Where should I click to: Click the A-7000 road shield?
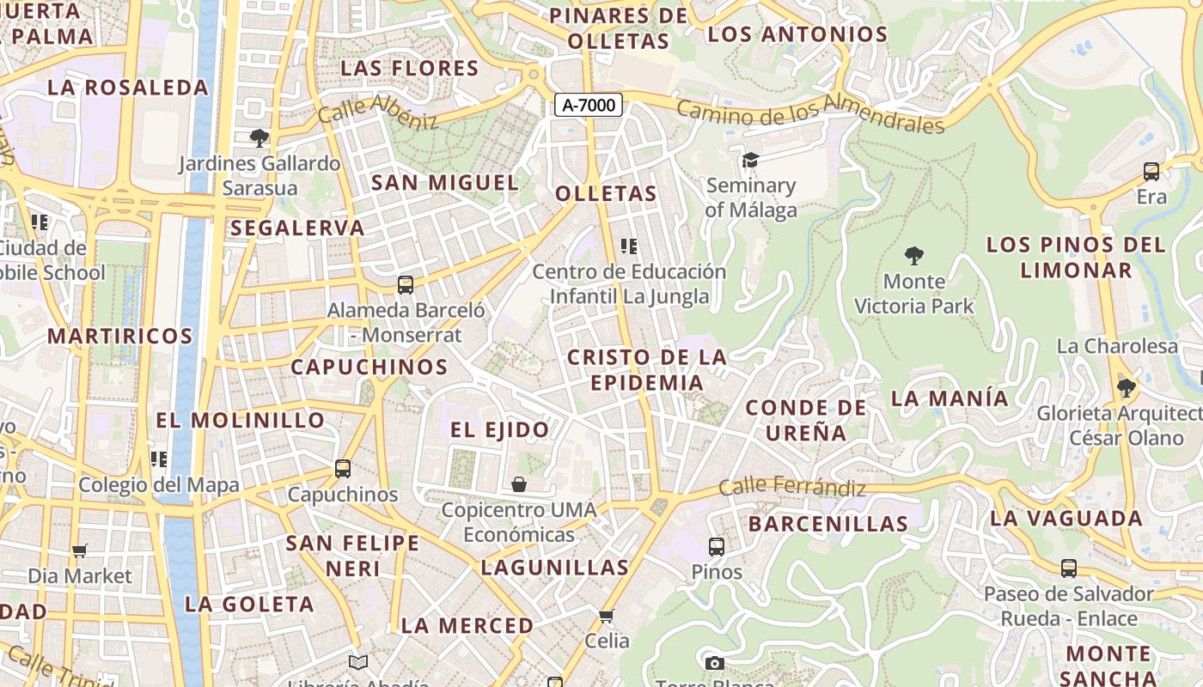tap(588, 105)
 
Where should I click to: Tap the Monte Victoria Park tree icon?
tap(914, 255)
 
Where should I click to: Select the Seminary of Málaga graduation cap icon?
tap(751, 160)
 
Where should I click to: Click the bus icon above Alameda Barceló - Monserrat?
tap(406, 284)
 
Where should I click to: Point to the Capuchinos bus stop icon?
tap(343, 468)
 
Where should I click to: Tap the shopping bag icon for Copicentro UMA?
tap(519, 484)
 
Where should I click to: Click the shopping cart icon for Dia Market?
tap(80, 550)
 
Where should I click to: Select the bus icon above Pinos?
tap(717, 546)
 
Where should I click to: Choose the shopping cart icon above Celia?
tap(607, 616)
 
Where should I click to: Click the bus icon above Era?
tap(1151, 172)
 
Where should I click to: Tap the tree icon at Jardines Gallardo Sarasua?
tap(259, 137)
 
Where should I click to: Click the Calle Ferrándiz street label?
tap(791, 487)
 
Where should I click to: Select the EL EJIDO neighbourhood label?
tap(499, 429)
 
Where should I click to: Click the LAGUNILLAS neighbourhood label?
tap(555, 567)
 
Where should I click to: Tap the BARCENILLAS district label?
tap(828, 524)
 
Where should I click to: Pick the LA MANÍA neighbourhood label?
tap(950, 398)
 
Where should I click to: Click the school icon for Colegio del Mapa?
tap(159, 459)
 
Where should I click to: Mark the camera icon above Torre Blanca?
tap(714, 663)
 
